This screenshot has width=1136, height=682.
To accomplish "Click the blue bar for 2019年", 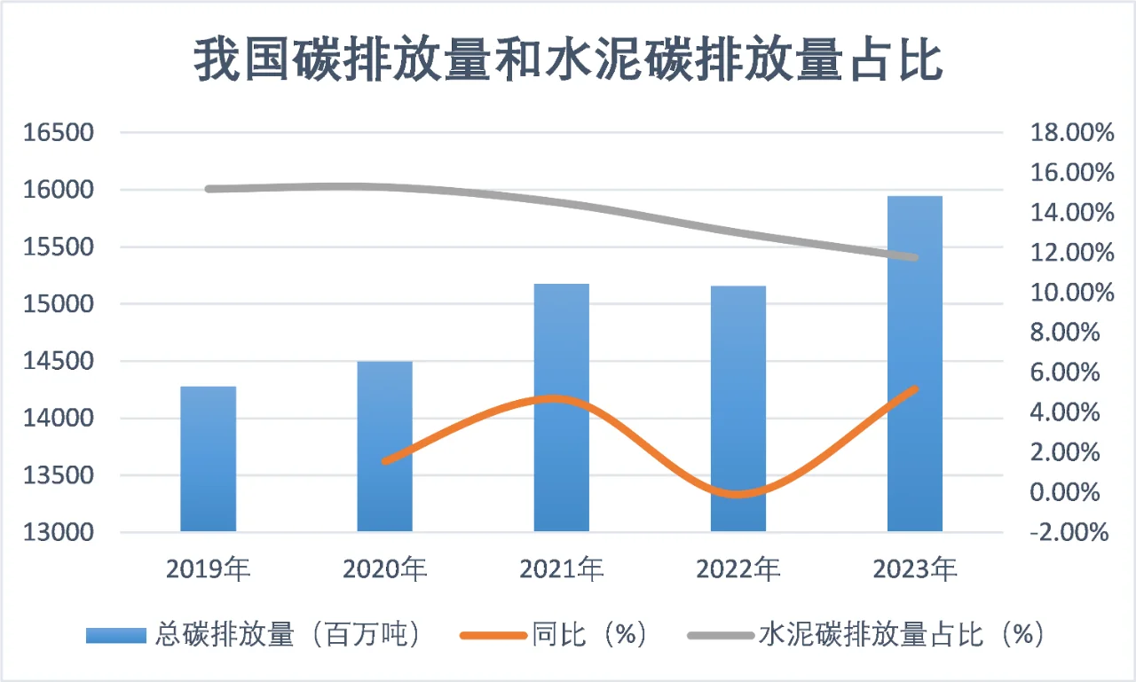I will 208,459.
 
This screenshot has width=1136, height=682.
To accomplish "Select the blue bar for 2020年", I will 384,446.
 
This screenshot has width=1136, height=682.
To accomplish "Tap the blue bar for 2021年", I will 561,407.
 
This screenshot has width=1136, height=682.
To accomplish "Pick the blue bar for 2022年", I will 738,408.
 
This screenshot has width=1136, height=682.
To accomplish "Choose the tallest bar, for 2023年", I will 914,364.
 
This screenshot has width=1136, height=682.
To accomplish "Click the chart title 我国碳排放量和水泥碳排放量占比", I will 568,60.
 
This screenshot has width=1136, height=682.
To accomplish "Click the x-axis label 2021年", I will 561,569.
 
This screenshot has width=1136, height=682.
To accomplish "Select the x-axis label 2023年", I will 914,569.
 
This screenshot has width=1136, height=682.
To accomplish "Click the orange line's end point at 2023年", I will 914,388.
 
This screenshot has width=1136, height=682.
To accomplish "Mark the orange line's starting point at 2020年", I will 384,461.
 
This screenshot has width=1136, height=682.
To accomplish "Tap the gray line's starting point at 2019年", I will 209,189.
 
